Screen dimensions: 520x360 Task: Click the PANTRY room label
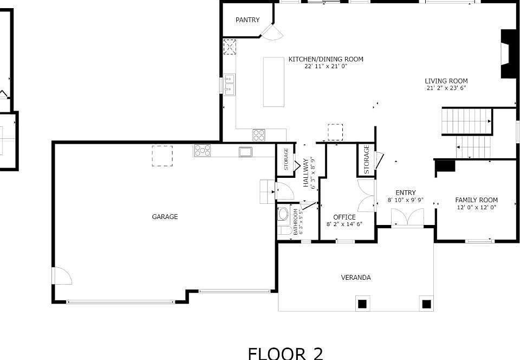pyautogui.click(x=248, y=20)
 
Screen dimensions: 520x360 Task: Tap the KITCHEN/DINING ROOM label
pyautogui.click(x=326, y=59)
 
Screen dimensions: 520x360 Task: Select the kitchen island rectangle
pyautogui.click(x=274, y=82)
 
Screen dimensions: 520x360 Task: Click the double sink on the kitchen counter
pyautogui.click(x=229, y=84)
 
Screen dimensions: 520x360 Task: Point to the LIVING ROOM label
pyautogui.click(x=446, y=81)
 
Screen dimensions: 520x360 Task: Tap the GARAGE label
pyautogui.click(x=165, y=217)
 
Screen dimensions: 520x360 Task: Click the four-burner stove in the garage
pyautogui.click(x=202, y=150)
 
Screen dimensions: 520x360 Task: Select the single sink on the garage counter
pyautogui.click(x=245, y=152)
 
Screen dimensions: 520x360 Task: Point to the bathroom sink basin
pyautogui.click(x=283, y=214)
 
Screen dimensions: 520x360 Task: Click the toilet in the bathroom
pyautogui.click(x=284, y=230)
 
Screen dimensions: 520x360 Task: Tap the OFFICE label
pyautogui.click(x=344, y=217)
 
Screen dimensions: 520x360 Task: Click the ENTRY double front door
pyautogui.click(x=407, y=217)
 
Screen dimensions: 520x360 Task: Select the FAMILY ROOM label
pyautogui.click(x=476, y=200)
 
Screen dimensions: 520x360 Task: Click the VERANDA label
pyautogui.click(x=356, y=278)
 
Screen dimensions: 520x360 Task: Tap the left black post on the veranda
pyautogui.click(x=362, y=304)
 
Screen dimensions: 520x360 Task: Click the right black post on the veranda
pyautogui.click(x=426, y=304)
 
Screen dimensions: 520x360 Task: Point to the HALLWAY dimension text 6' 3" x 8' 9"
pyautogui.click(x=313, y=172)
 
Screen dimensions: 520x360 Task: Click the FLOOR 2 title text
pyautogui.click(x=285, y=353)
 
